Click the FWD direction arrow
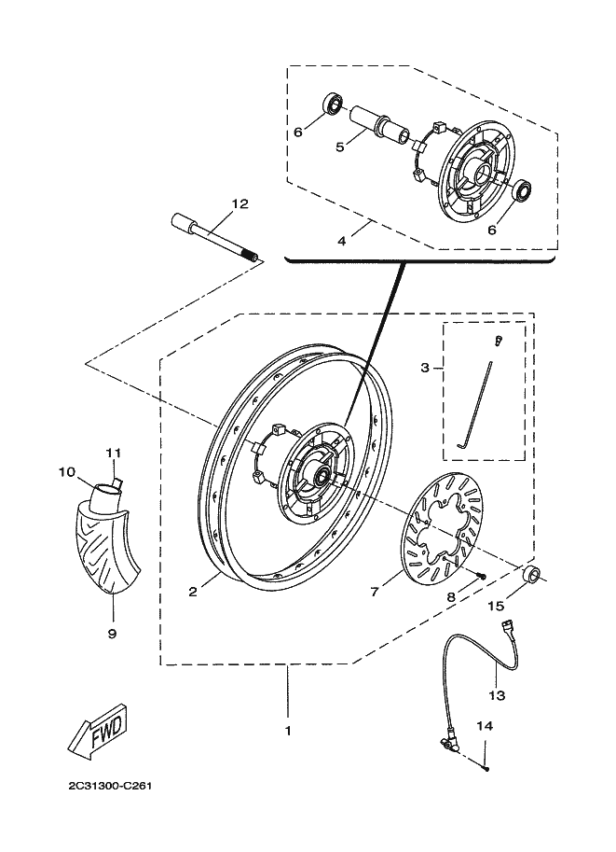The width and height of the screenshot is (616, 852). point(98,731)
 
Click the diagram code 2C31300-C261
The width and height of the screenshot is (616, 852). point(110,787)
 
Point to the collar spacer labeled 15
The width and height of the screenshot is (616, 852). point(532,574)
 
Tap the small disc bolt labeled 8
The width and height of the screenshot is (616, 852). point(479,576)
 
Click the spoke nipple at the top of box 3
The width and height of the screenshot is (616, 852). point(499,342)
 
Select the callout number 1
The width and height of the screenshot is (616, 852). point(288,731)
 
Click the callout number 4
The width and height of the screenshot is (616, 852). point(341,241)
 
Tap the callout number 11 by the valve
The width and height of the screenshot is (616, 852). point(114,453)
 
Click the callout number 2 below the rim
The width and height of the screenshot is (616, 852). point(193,592)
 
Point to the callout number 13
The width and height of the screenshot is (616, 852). point(497,695)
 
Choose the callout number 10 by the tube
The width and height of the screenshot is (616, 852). point(67,472)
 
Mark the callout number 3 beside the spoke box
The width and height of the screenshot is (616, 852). point(425,368)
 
